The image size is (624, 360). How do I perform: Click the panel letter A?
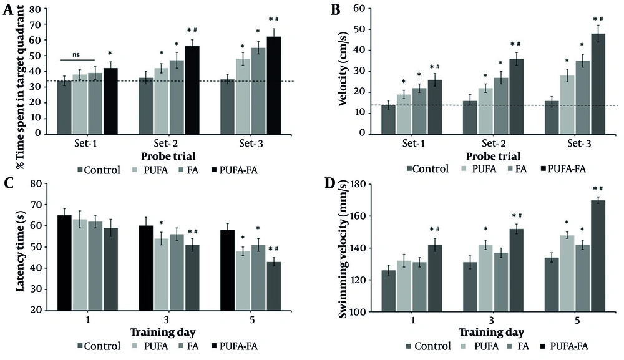tap(9, 10)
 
